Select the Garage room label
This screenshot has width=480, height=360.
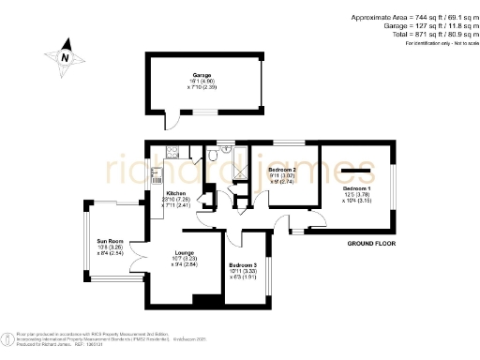pos(202,74)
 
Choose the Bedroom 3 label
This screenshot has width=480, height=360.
pos(243,265)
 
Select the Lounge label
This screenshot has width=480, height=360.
pos(184,252)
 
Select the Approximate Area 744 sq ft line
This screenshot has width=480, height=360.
pos(412,18)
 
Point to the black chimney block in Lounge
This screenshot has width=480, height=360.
pos(200,300)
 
